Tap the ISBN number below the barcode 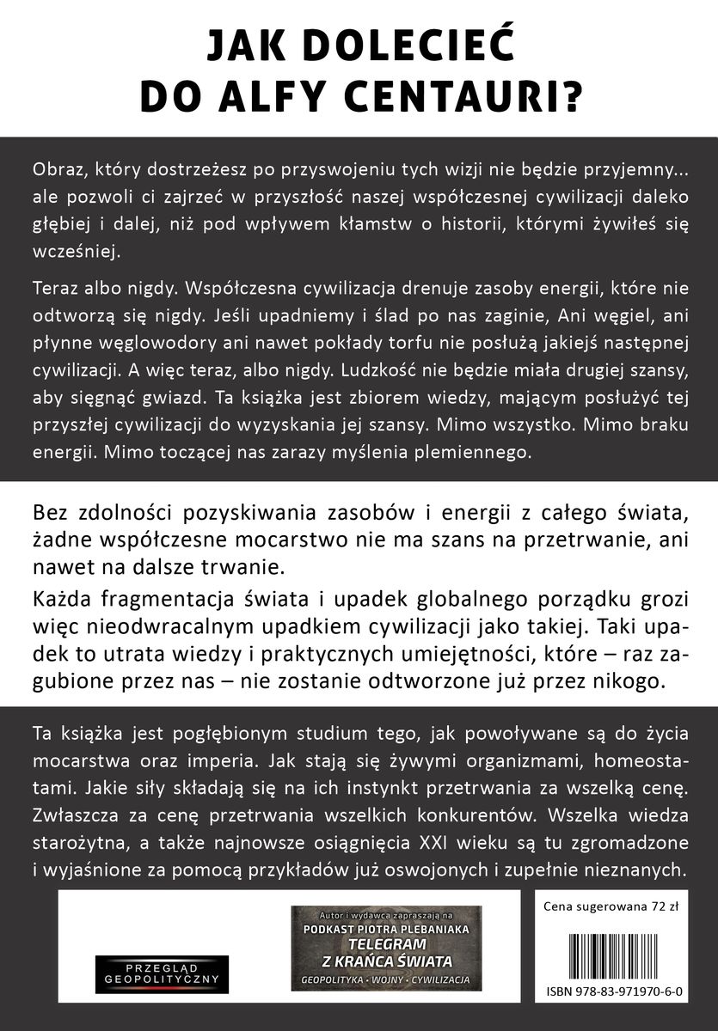613,989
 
